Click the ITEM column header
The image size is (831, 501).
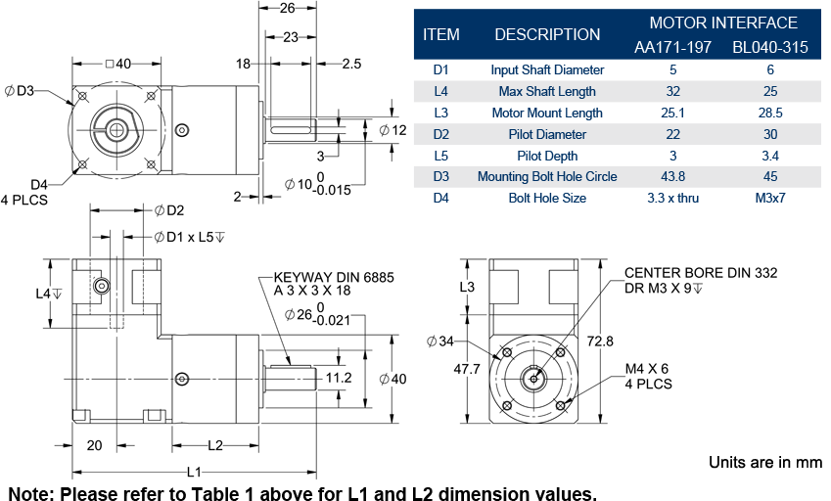440,34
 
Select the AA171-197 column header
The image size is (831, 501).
672,47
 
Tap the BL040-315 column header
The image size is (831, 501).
770,47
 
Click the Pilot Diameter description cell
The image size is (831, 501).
546,134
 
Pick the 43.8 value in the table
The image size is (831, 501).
672,177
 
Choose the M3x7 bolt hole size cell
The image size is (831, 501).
770,199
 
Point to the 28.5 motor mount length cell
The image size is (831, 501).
770,113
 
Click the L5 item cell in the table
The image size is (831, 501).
440,156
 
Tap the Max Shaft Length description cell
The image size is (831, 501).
546,91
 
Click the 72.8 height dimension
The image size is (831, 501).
600,342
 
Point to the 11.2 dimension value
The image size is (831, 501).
339,377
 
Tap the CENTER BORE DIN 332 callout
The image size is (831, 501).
701,273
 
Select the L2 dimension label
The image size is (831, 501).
215,446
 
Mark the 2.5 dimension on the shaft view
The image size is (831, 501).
352,64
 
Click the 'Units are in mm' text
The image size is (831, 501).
764,461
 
